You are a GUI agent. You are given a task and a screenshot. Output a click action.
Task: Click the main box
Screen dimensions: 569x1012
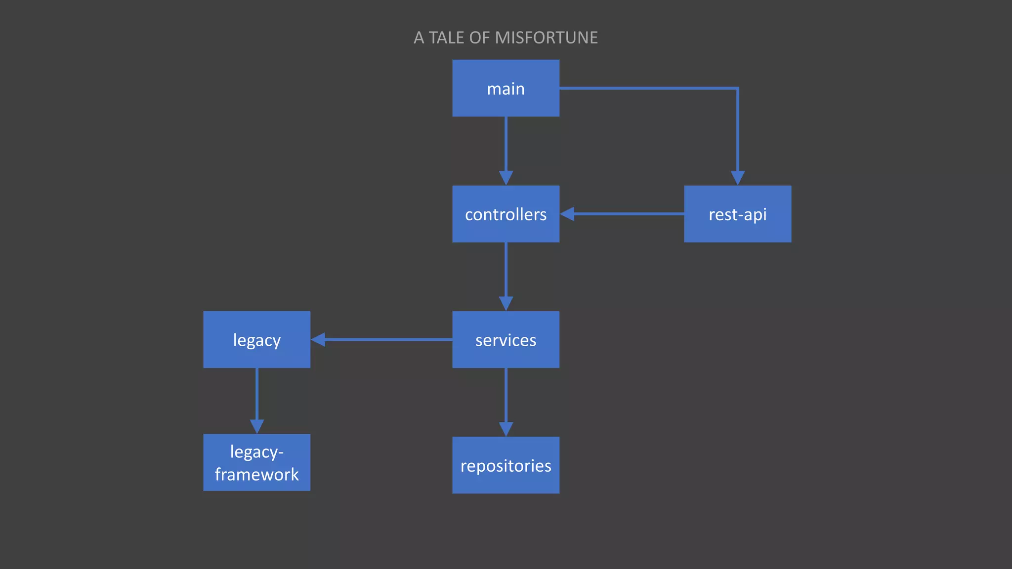[x=506, y=88]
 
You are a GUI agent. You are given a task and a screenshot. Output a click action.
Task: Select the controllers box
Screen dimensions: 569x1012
[x=506, y=214]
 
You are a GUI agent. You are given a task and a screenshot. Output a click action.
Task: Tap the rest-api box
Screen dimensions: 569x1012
[x=737, y=214]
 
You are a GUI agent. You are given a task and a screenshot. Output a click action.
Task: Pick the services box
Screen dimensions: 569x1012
[x=506, y=339]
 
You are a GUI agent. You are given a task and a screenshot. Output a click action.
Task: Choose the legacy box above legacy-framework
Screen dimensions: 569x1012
[x=256, y=339]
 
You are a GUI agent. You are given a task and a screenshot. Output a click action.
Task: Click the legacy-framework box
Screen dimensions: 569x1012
[x=256, y=462]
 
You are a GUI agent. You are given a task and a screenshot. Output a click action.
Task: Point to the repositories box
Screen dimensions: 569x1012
[x=506, y=465]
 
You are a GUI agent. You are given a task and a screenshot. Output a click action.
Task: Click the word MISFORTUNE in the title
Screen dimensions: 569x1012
[x=546, y=38]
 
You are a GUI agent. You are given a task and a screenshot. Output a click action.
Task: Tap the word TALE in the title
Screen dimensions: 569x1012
[x=446, y=38]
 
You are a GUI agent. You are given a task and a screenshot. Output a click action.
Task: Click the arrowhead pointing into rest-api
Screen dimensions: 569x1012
[x=737, y=178]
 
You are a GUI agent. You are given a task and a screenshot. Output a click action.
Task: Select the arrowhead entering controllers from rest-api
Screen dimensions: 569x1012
[x=567, y=214]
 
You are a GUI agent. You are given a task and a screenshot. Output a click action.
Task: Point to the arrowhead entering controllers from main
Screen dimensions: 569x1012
[x=506, y=178]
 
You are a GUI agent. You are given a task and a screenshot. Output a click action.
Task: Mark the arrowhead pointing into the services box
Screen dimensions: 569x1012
[x=506, y=304]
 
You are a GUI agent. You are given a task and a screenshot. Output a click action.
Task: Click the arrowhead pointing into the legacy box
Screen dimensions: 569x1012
[x=318, y=339]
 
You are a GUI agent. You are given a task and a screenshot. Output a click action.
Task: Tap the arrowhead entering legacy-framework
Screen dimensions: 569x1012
[x=256, y=427]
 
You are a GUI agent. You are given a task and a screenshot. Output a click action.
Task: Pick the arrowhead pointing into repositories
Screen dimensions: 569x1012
[x=506, y=429]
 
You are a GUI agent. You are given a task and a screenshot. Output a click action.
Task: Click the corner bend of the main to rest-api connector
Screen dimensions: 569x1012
[x=737, y=88]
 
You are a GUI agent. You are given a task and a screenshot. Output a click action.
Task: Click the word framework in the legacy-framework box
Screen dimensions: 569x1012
[x=256, y=474]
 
